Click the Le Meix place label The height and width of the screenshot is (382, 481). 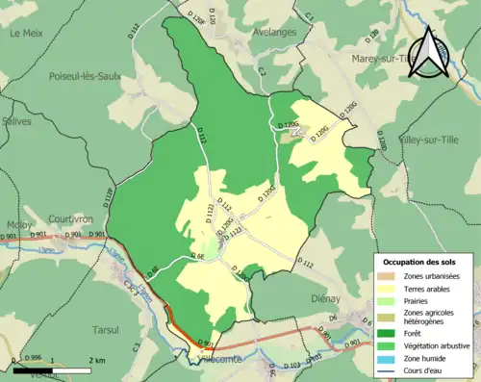[x=28, y=32]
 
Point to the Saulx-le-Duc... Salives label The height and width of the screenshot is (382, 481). [x=16, y=122]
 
